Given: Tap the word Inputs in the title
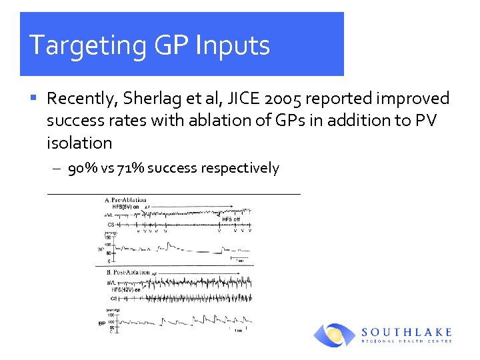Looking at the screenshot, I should tap(232, 45).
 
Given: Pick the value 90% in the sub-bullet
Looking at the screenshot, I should tap(82, 168).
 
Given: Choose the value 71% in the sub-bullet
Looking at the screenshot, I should tap(129, 168).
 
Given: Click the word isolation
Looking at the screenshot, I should tap(79, 143).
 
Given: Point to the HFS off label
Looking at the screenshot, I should tap(231, 219).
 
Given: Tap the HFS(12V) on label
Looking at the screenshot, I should tap(125, 289).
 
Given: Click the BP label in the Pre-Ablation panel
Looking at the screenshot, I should tap(100, 250).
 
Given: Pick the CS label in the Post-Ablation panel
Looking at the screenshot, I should tap(114, 299).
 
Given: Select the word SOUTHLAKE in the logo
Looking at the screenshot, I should tap(407, 332).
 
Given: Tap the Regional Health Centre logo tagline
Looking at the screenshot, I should tap(407, 341).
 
